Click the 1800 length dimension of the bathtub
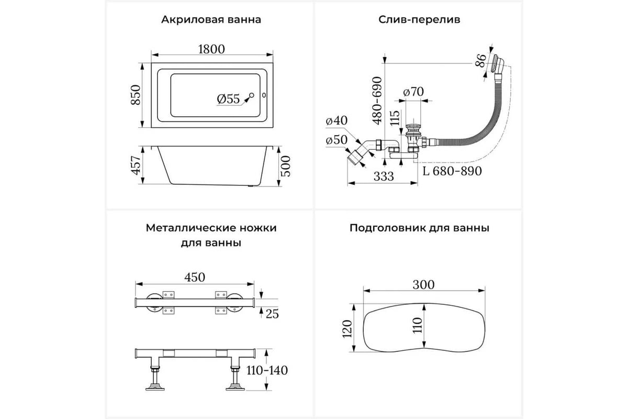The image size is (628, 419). (x=211, y=49)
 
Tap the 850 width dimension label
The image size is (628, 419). (x=136, y=95)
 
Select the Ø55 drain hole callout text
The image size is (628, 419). (x=229, y=99)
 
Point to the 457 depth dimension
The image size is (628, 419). (x=136, y=166)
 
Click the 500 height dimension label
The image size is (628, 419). (x=286, y=166)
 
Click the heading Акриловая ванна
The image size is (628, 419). (x=211, y=20)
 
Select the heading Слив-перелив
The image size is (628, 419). (x=419, y=20)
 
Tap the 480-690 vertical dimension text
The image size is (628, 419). (x=377, y=101)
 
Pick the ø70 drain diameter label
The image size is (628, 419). (x=414, y=92)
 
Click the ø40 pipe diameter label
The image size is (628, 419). (x=337, y=120)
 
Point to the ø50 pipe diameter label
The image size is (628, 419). (x=337, y=140)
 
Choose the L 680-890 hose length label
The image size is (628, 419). (x=452, y=171)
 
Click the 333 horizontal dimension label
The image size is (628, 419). (x=384, y=177)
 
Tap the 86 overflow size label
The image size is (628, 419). (x=480, y=61)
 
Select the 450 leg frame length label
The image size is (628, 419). (x=195, y=277)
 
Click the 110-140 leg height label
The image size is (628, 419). (x=267, y=370)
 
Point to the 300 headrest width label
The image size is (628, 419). (x=423, y=285)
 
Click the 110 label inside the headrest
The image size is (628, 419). (x=418, y=325)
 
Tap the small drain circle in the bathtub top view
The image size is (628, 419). (x=252, y=95)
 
